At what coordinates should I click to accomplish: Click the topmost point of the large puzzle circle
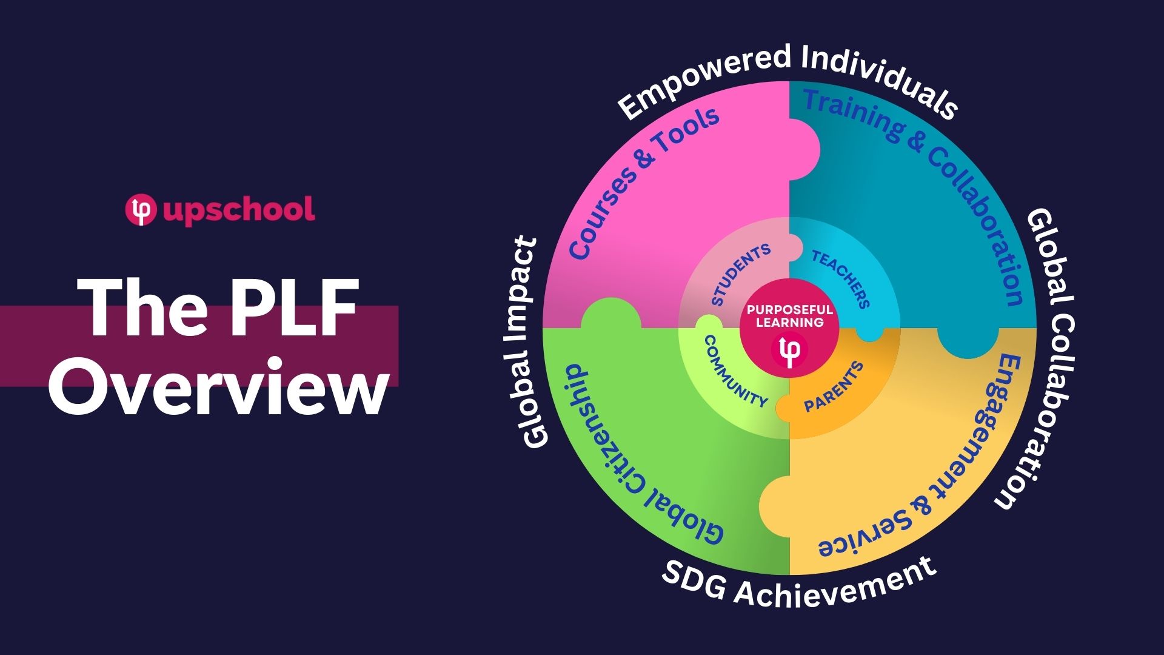coord(789,81)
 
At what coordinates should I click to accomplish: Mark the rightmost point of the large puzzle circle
coord(1036,328)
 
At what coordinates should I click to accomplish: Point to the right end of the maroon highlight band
coord(398,346)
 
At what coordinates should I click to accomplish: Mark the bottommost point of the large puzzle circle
coord(789,574)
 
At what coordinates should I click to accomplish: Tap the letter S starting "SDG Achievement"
coord(673,573)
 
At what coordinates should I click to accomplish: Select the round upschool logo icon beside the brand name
coord(141,209)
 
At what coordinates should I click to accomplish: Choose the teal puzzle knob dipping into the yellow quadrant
coord(968,341)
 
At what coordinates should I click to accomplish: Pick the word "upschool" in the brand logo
coord(239,210)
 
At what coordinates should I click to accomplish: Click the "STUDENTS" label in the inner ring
coord(741,275)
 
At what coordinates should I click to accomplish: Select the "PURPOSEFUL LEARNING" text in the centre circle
coord(789,316)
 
